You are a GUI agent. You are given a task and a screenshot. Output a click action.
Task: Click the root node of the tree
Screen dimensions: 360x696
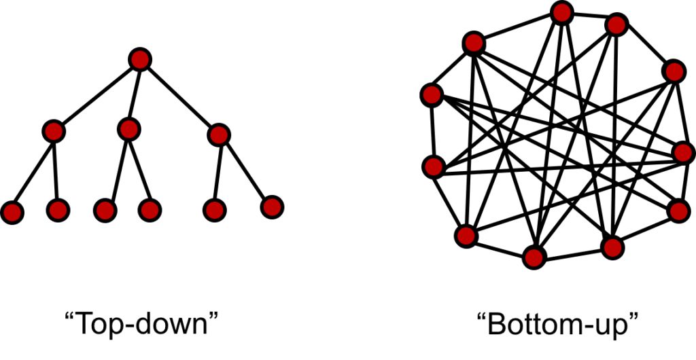point(139,60)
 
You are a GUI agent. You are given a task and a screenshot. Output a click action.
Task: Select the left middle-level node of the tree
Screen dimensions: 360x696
point(54,130)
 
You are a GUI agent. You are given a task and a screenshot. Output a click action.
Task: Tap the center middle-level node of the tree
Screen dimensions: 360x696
point(128,128)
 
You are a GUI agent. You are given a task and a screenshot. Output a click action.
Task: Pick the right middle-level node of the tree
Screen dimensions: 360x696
point(218,135)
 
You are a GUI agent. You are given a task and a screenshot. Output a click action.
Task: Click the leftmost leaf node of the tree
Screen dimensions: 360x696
point(12,212)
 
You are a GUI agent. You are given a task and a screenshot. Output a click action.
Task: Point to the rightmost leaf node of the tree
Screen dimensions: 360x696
point(271,206)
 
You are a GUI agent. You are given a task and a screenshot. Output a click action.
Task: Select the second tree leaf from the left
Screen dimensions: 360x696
point(58,211)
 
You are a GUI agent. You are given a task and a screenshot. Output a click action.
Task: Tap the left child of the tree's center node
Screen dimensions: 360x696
point(105,211)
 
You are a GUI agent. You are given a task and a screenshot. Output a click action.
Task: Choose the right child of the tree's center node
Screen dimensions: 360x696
point(149,210)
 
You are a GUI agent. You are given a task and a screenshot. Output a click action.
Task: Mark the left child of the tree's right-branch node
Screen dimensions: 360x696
point(214,210)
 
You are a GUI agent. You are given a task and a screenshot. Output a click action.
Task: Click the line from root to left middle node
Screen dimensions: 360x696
point(97,95)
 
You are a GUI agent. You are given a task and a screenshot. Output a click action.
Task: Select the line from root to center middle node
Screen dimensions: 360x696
point(134,94)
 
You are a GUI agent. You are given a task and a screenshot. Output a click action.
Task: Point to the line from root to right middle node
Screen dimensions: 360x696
point(179,98)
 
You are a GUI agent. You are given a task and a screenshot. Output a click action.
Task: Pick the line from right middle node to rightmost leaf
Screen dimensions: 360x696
point(245,170)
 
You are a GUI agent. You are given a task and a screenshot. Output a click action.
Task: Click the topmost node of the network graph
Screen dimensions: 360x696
point(562,12)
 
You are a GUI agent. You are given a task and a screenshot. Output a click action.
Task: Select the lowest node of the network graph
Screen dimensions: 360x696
point(534,257)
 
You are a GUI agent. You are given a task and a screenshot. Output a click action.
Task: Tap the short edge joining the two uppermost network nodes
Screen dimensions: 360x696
point(589,19)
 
